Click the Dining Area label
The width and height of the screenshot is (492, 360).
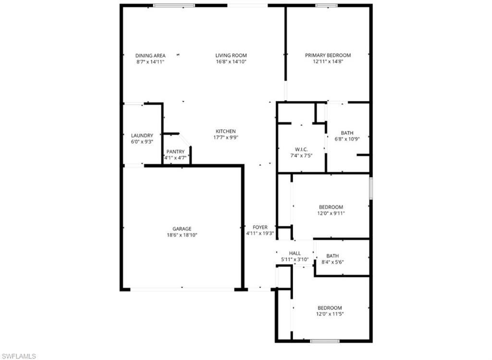click(150, 55)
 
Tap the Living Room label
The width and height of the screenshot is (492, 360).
click(231, 55)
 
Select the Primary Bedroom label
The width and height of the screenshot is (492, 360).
click(328, 55)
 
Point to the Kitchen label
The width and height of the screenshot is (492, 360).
click(225, 131)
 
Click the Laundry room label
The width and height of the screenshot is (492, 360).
click(142, 136)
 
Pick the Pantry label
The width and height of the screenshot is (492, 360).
click(175, 151)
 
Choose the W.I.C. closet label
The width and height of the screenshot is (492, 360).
click(301, 149)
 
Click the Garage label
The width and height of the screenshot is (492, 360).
click(182, 229)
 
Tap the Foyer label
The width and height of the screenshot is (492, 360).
click(260, 227)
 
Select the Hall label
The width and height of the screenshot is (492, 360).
click(295, 253)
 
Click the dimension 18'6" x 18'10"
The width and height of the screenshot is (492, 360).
click(182, 235)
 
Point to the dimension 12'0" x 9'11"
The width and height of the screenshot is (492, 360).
click(331, 213)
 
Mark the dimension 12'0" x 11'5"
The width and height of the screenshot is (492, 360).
click(330, 314)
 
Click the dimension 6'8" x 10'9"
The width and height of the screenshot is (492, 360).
click(347, 139)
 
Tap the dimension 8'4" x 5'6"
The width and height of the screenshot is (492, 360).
click(332, 262)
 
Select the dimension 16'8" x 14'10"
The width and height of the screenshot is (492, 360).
click(231, 62)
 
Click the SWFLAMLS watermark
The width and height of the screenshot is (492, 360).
click(19, 356)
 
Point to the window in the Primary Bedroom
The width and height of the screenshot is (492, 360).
click(326, 5)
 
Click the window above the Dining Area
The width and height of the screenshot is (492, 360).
click(174, 5)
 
